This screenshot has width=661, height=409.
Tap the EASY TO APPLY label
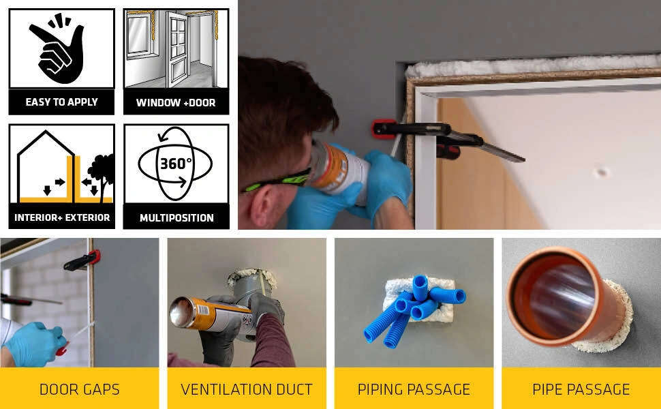tap(61, 102)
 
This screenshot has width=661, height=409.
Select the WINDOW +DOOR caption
tap(176, 102)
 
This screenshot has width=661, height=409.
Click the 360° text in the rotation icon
tap(176, 163)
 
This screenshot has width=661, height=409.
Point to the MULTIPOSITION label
tap(176, 217)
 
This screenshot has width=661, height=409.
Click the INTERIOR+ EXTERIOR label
tap(62, 217)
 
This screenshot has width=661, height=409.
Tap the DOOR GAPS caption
tap(79, 389)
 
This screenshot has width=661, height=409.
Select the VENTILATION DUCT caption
tap(247, 389)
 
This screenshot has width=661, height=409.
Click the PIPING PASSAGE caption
tap(414, 389)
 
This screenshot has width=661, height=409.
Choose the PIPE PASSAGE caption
tap(581, 389)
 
